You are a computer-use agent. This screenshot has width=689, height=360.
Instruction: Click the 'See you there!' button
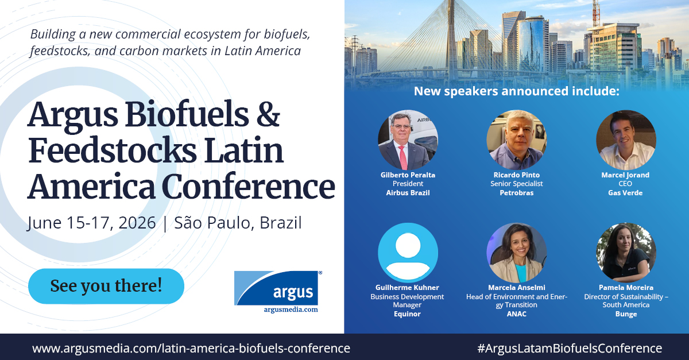tap(106, 286)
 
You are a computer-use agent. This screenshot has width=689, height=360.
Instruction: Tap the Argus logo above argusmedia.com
tap(276, 288)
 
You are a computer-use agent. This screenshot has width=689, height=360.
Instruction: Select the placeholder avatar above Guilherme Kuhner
tap(408, 253)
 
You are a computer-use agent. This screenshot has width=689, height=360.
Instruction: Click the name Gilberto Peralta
tap(408, 175)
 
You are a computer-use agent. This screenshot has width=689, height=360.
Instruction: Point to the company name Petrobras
tap(517, 193)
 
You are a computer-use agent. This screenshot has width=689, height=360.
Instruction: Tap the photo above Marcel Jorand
tap(626, 140)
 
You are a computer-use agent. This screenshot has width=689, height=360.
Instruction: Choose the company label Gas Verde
tap(625, 193)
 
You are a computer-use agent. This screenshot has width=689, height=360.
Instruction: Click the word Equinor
tap(407, 314)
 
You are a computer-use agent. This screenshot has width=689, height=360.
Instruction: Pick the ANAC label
tap(517, 314)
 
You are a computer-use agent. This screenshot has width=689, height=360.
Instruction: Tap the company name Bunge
tap(626, 314)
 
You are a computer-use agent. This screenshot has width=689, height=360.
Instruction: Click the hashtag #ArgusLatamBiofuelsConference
tap(569, 348)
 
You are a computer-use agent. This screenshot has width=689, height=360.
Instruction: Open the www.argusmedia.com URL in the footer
tap(191, 348)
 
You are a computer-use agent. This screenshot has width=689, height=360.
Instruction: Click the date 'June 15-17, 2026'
tap(91, 223)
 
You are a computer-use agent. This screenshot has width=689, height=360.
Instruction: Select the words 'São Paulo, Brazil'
tap(238, 223)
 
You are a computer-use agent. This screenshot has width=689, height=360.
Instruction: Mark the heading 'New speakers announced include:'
tap(517, 91)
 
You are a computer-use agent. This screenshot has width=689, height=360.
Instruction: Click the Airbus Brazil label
tap(408, 193)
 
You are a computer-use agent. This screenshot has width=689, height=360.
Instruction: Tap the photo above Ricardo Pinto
tap(517, 140)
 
